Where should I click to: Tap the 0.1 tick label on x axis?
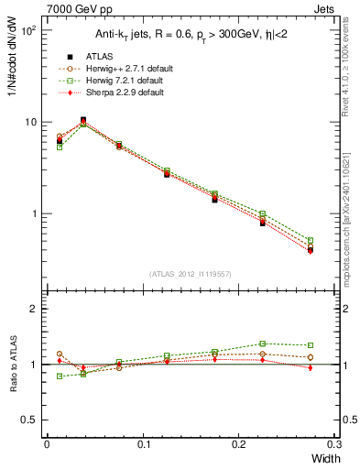143,444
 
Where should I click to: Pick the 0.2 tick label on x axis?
239,444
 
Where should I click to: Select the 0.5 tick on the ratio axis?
34,420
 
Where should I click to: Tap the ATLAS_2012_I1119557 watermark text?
191,275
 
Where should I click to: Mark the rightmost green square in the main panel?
310,241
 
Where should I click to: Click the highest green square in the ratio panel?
262,344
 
